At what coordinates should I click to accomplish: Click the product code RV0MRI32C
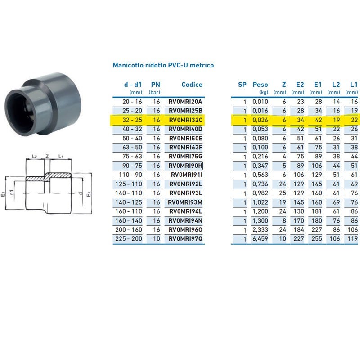click(185, 120)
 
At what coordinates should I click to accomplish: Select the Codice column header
click(192, 85)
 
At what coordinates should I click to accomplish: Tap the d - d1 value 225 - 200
click(129, 239)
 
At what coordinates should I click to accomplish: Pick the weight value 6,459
click(260, 239)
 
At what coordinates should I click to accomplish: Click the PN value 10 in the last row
click(157, 239)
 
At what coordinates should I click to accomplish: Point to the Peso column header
click(260, 85)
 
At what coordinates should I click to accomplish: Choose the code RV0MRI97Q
click(185, 239)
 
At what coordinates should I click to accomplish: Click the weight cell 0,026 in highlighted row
click(260, 120)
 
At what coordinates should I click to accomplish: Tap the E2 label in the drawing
click(3, 194)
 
